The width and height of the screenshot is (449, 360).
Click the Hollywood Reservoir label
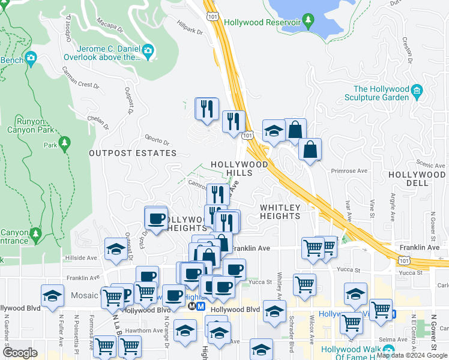262,22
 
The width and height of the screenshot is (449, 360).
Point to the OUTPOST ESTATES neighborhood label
133,153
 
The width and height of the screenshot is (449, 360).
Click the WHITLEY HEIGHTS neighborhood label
280,212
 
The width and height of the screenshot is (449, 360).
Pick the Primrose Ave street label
354,170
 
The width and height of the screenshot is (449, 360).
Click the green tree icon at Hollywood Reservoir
309,22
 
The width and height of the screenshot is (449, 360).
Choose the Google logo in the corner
20,352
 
